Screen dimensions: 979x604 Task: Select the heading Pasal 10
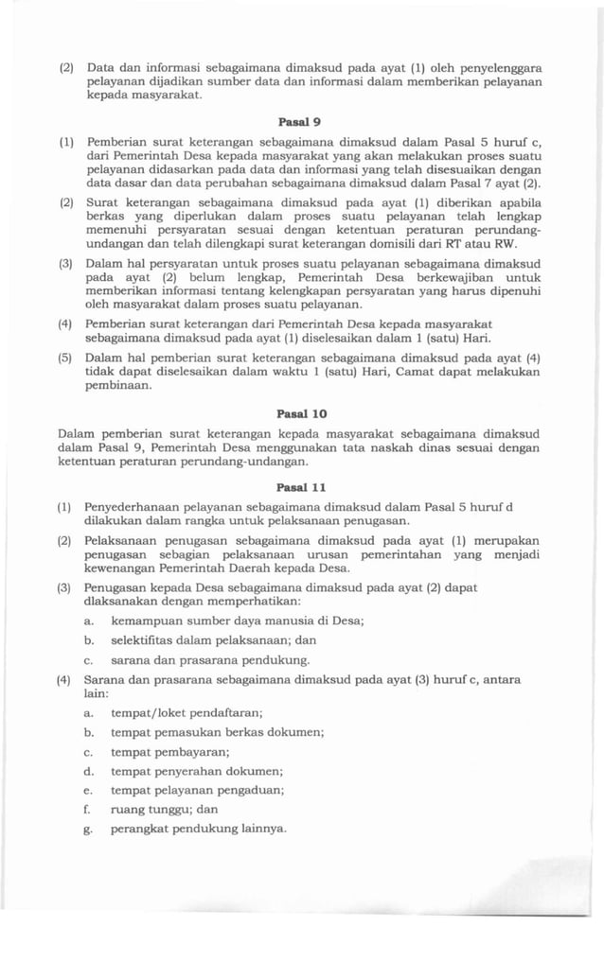click(x=296, y=413)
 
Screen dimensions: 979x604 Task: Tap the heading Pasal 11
click(x=296, y=487)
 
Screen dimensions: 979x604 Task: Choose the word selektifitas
click(x=146, y=640)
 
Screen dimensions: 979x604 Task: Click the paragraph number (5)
click(x=66, y=358)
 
